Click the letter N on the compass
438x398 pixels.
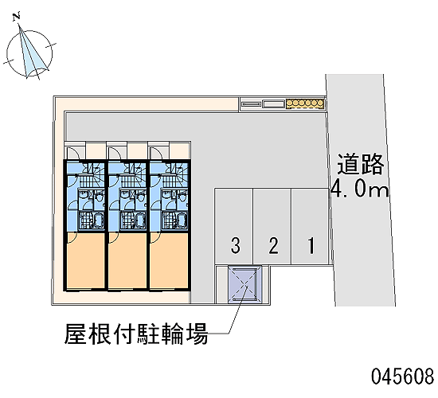[x=17, y=17]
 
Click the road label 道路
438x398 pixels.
[x=360, y=164]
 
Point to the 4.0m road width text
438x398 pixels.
[x=359, y=190]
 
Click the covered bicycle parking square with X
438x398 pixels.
[x=244, y=284]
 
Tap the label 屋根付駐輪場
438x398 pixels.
[x=136, y=334]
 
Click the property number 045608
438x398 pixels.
[x=402, y=376]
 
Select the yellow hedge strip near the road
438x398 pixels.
[x=305, y=103]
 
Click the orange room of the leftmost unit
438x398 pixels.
[x=85, y=260]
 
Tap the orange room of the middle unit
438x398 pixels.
[x=127, y=260]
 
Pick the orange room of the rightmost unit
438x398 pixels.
[x=169, y=260]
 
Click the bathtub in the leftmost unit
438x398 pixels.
[x=98, y=220]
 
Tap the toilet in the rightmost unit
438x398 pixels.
[x=183, y=197]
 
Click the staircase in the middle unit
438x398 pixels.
[x=132, y=175]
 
